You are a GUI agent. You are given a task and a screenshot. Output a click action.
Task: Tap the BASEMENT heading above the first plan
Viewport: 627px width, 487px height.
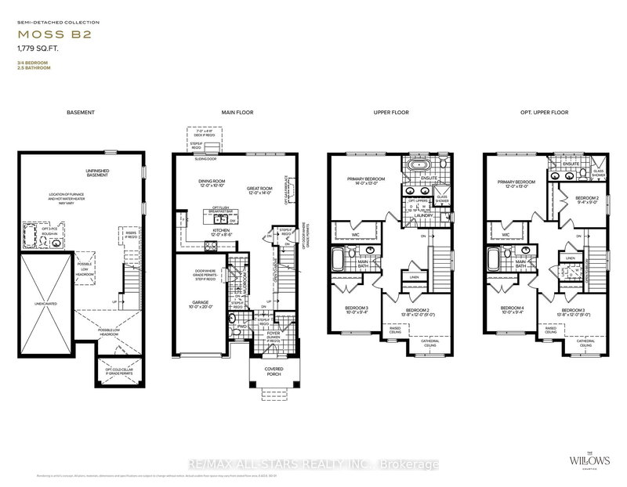point(82,113)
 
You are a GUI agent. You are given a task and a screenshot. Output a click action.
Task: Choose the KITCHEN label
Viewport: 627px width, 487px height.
point(219,229)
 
